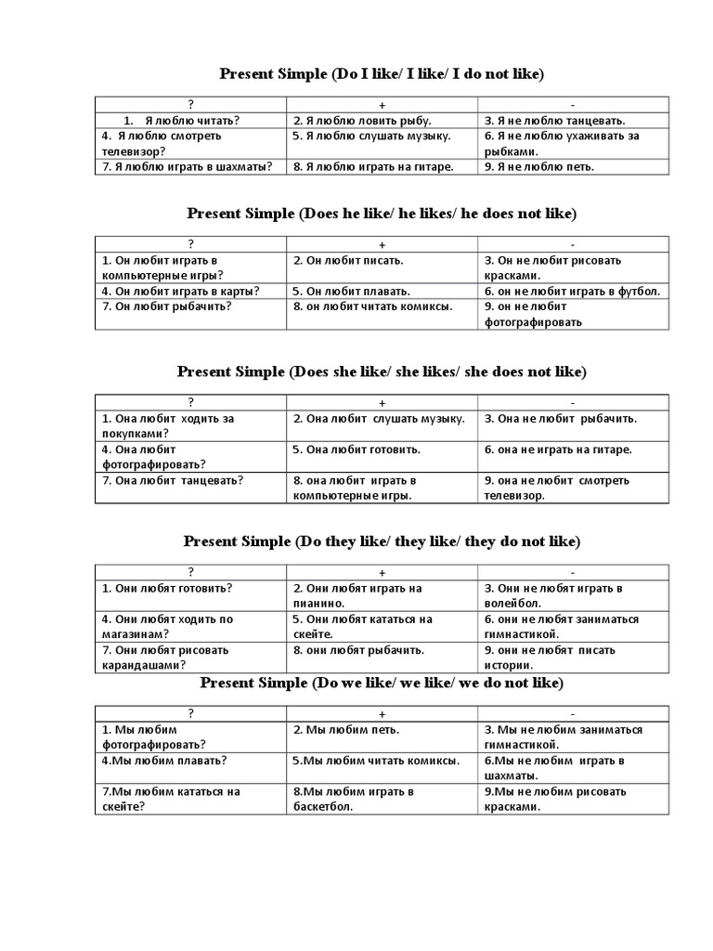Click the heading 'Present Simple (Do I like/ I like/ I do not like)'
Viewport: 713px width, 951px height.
[x=382, y=73]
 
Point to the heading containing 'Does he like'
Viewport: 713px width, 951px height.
[x=382, y=214]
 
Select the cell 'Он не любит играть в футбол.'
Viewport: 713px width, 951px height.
[x=572, y=292]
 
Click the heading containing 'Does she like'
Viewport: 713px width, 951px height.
[x=382, y=371]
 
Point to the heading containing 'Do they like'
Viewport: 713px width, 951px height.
[x=382, y=541]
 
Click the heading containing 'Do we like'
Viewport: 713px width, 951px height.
[x=382, y=684]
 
